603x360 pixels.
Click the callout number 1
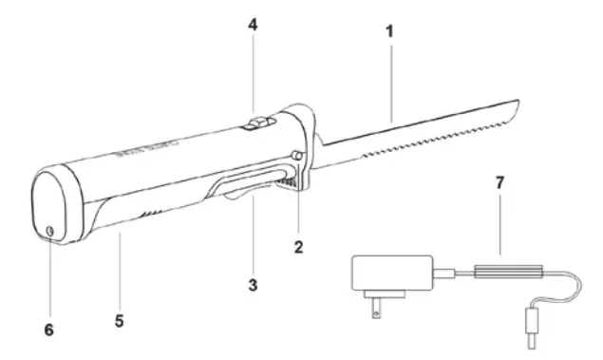point(391,31)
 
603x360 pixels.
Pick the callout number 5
point(119,321)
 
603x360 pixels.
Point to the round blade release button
point(297,156)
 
